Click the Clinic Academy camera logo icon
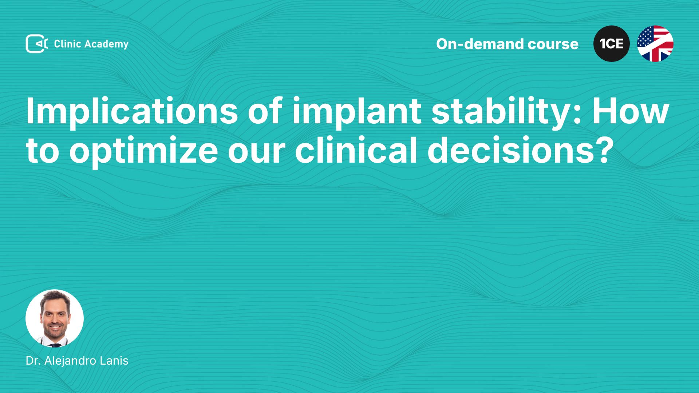(37, 44)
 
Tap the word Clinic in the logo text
(67, 44)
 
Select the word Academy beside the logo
(107, 44)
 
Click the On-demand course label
(507, 44)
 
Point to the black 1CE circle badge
(612, 44)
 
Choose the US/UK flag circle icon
(655, 44)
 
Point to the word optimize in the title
(144, 151)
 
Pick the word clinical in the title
(356, 149)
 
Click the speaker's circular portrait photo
(55, 318)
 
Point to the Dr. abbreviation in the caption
(33, 361)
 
